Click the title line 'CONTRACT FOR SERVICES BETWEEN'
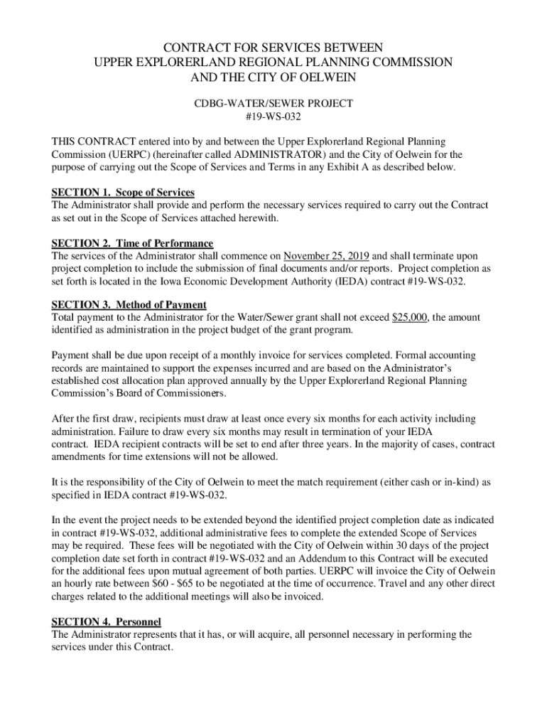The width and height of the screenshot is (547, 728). (273, 47)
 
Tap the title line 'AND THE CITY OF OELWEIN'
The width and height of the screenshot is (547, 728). (273, 77)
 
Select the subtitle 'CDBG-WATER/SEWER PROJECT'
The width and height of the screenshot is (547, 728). (273, 104)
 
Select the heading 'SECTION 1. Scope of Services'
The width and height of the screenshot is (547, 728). (123, 193)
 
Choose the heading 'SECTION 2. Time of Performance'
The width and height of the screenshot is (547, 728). (132, 244)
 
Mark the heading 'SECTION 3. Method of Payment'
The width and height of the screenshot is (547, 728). (129, 306)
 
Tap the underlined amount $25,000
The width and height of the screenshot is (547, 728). (410, 318)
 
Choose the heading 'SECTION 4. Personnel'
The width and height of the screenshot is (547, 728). (107, 622)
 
